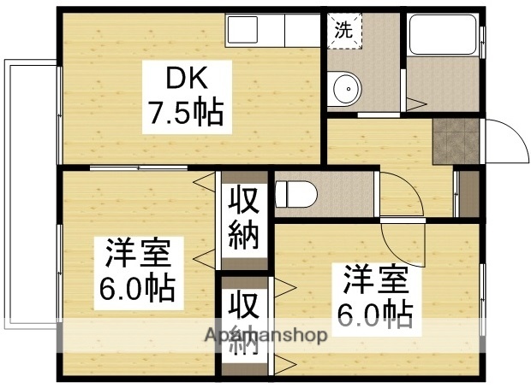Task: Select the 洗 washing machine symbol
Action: coord(342,30)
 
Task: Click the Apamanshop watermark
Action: coord(265,335)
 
